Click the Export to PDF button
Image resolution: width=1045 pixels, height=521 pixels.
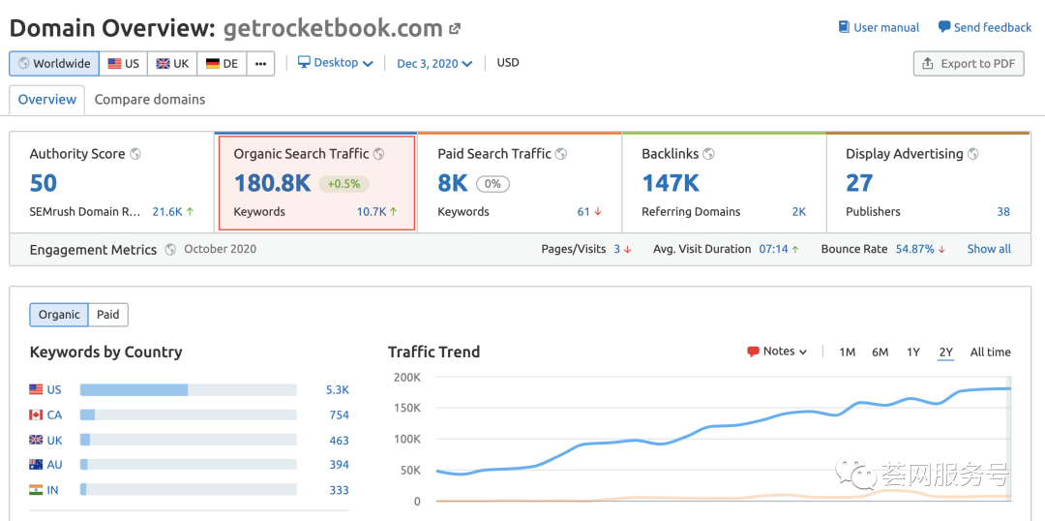click(x=968, y=64)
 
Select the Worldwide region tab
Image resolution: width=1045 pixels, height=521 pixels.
click(x=54, y=64)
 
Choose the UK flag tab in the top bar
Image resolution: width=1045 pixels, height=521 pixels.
click(x=172, y=64)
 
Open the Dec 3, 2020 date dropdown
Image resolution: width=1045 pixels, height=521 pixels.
click(x=434, y=64)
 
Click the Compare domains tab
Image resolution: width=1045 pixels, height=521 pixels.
click(x=150, y=100)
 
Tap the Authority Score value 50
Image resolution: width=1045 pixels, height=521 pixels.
click(x=44, y=183)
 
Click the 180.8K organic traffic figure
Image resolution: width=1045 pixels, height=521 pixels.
click(x=273, y=183)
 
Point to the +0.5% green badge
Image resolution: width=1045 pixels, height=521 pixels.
click(x=344, y=184)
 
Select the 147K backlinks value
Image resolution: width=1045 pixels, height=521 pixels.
click(x=671, y=183)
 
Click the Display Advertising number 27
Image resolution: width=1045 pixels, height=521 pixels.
click(x=859, y=183)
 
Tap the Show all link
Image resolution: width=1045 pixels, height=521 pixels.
click(x=989, y=249)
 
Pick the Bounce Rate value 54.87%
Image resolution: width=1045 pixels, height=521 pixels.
click(x=915, y=249)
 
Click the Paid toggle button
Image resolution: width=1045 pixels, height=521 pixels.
click(x=108, y=315)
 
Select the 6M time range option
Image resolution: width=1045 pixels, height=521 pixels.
click(x=880, y=352)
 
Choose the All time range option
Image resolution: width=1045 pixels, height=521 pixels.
click(x=990, y=352)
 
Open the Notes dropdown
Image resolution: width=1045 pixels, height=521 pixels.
click(x=777, y=352)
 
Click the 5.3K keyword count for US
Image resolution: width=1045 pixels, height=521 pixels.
click(x=338, y=390)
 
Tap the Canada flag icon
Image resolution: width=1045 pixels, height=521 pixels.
click(x=36, y=415)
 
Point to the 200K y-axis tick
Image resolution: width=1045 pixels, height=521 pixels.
click(x=405, y=378)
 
